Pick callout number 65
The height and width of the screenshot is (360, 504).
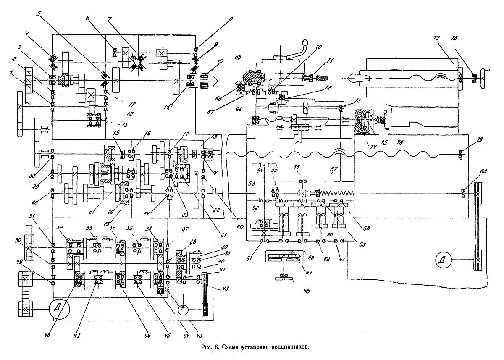click(302, 290)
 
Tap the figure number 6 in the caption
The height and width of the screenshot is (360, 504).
click(216, 347)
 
